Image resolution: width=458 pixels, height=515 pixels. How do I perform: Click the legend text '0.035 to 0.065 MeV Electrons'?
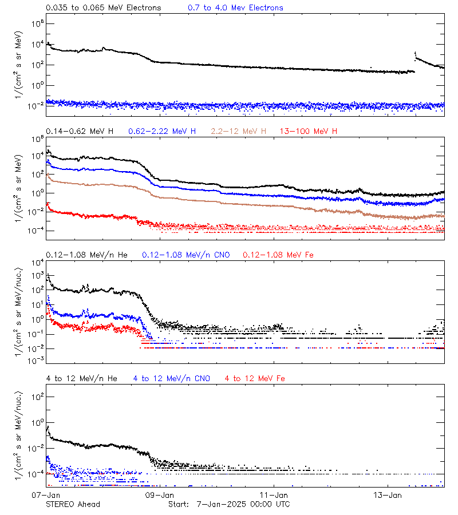point(104,8)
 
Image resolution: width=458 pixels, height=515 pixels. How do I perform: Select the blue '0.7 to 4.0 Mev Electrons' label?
point(235,8)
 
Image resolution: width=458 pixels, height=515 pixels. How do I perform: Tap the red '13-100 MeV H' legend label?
point(309,132)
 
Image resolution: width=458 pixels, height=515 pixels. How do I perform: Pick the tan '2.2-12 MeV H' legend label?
point(239,132)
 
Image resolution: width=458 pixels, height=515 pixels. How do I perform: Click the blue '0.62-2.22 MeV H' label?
point(163,132)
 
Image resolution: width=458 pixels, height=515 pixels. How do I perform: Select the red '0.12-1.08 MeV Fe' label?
point(278,255)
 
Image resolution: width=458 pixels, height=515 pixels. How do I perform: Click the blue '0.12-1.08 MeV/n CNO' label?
point(185,255)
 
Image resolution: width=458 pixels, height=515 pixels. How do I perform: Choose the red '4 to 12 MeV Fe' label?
point(255,379)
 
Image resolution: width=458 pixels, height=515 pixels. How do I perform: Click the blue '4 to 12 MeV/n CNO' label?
point(171,379)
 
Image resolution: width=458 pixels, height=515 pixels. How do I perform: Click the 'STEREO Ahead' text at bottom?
point(73,504)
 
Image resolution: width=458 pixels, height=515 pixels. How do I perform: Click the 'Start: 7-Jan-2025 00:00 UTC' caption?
point(229,504)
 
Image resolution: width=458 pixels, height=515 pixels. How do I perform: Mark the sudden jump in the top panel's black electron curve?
point(415,55)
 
